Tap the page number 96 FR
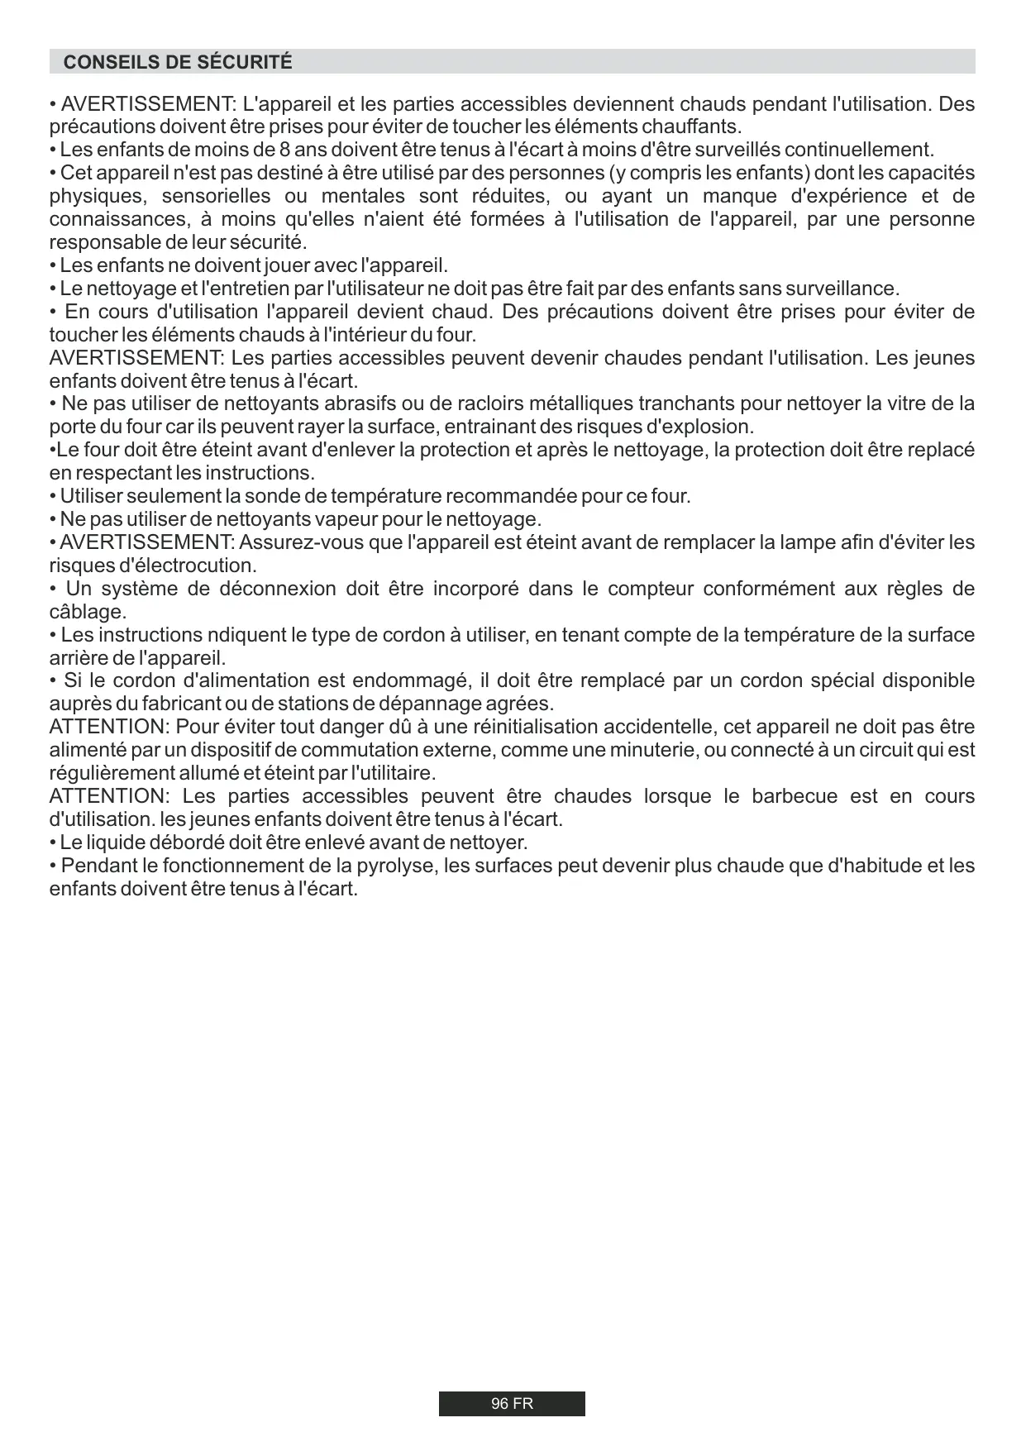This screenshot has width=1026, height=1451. pyautogui.click(x=512, y=1404)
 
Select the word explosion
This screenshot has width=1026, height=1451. pyautogui.click(x=712, y=427)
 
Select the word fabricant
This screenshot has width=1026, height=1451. pyautogui.click(x=184, y=704)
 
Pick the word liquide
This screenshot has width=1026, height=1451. pyautogui.click(x=112, y=842)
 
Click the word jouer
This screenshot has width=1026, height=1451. pyautogui.click(x=287, y=265)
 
